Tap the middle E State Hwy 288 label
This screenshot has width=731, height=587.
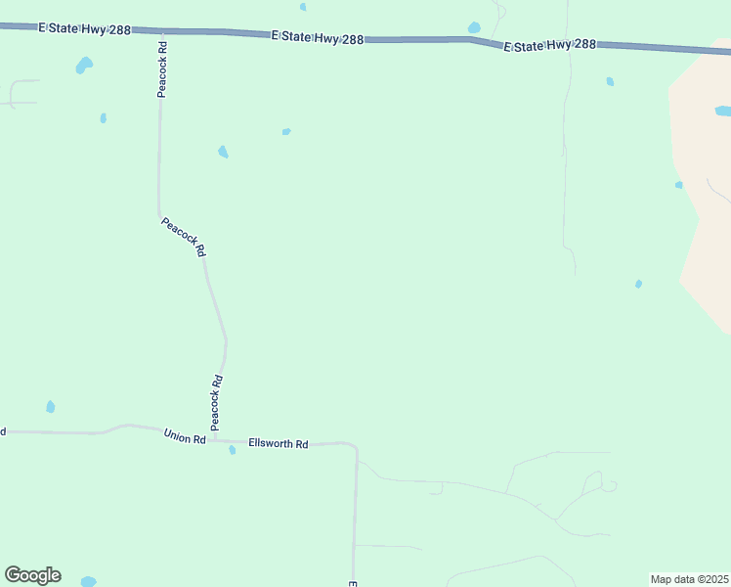[318, 38]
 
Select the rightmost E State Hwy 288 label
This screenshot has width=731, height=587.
[550, 45]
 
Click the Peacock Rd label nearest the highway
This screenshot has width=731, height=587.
[162, 68]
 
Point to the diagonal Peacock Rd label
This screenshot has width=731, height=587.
[184, 237]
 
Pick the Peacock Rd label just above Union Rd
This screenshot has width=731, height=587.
[217, 402]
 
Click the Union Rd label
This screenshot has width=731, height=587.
[185, 437]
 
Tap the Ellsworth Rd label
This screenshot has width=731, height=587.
[279, 444]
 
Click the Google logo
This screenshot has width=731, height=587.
[32, 575]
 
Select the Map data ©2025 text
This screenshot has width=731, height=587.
[689, 579]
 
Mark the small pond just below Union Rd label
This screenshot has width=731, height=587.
[232, 450]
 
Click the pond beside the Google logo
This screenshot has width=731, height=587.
[88, 582]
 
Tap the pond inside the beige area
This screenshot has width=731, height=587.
[723, 112]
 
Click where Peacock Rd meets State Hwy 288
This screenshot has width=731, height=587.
[160, 31]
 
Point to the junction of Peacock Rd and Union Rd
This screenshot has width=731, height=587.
[213, 439]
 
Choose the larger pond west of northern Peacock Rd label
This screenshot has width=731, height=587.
[84, 66]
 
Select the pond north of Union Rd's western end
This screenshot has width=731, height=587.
[51, 407]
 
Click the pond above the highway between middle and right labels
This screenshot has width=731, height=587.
[474, 27]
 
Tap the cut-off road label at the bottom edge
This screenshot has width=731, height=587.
[352, 583]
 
